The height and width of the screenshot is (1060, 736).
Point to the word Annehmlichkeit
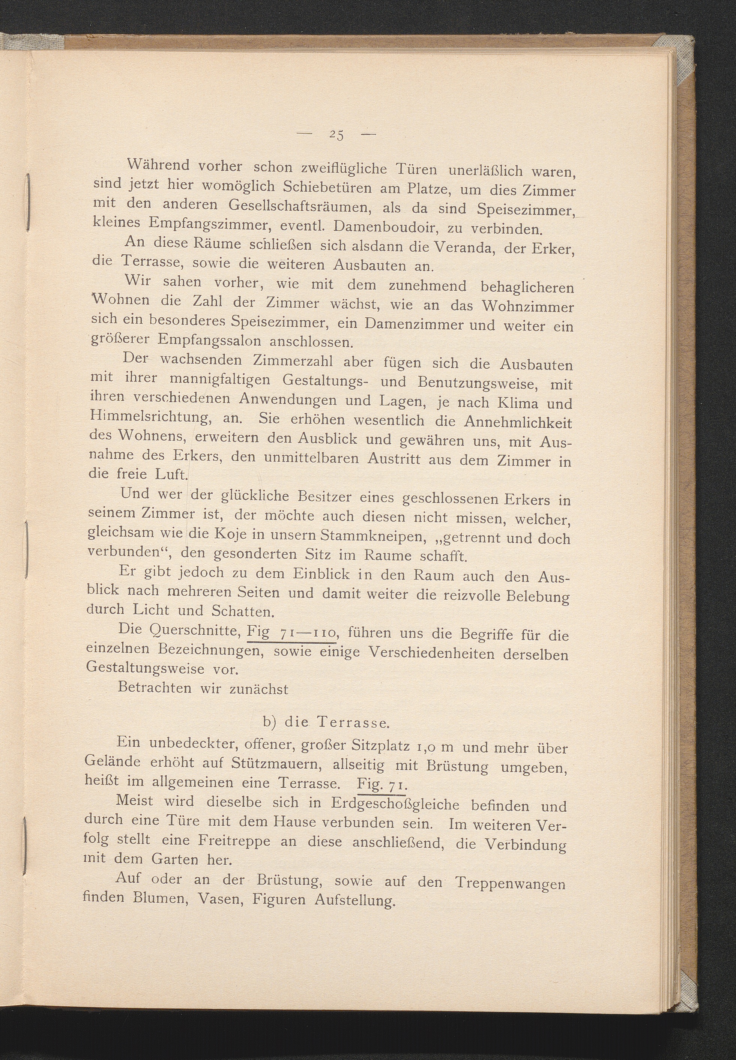(x=518, y=422)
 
